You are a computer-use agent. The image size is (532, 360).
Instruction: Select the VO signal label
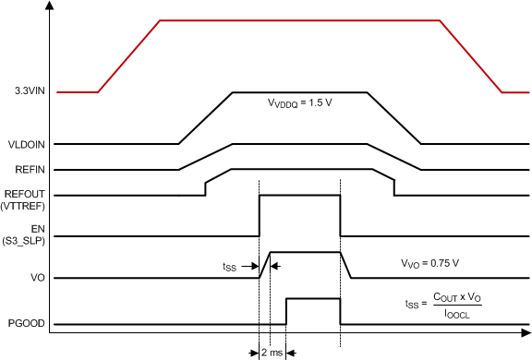pos(16,278)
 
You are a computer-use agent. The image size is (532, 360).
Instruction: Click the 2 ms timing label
pos(273,352)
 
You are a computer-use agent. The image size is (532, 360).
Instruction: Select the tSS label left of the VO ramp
pos(229,266)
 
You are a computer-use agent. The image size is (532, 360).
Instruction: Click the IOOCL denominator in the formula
pos(457,314)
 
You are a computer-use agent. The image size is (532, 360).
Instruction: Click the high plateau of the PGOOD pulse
pos(313,298)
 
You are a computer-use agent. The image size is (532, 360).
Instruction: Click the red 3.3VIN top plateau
pos(300,19)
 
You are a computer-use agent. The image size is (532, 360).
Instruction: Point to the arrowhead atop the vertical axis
pos(48,6)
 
